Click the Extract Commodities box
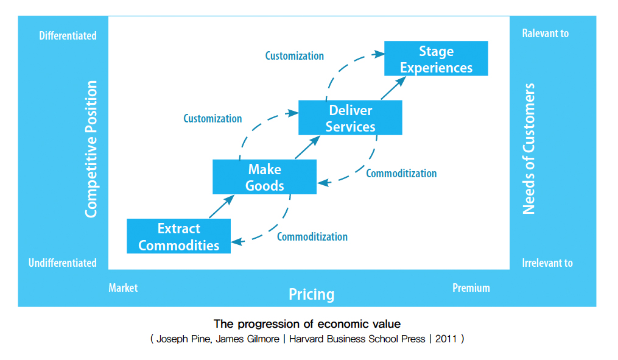coord(178,236)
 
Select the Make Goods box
coord(264,177)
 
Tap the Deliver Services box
coord(350,118)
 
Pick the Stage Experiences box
coord(436,59)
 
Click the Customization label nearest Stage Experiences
coord(294,56)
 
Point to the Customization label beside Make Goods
coord(212,119)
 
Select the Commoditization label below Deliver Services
coord(401,174)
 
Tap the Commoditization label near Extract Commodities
coord(312,237)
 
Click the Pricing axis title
coord(311,295)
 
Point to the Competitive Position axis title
coord(91,149)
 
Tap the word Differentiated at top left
coord(68,36)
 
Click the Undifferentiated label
coord(62,263)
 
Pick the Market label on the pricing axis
coord(123,288)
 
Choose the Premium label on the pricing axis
coord(471,288)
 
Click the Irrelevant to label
coord(547,263)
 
